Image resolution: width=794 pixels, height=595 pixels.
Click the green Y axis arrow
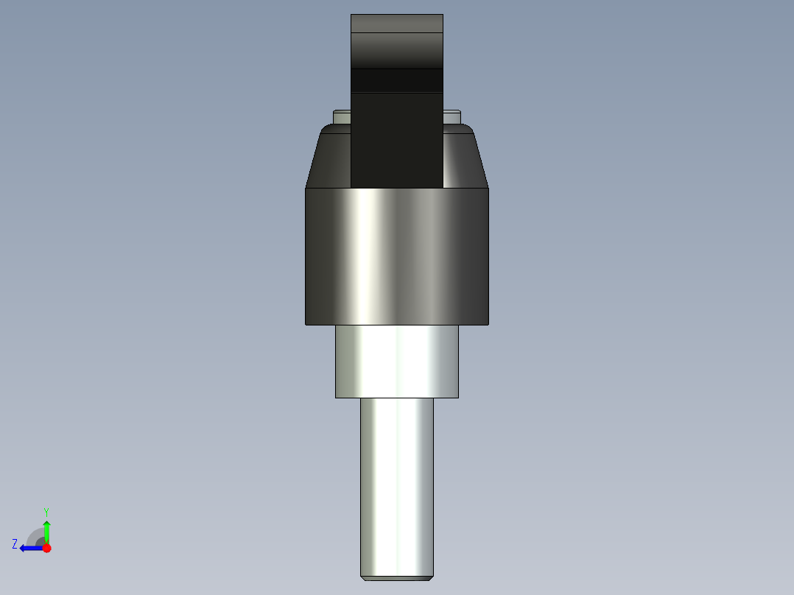(x=46, y=530)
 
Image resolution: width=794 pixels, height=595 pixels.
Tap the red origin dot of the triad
(x=46, y=548)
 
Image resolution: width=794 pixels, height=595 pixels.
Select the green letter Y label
(x=46, y=511)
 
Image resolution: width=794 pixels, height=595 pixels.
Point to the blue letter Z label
(x=15, y=544)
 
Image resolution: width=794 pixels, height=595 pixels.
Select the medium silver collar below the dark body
(x=396, y=361)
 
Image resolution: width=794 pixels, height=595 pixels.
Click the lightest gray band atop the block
(x=396, y=24)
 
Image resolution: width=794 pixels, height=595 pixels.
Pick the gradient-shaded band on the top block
(x=396, y=51)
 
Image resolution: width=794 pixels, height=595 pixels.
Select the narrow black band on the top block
(x=396, y=80)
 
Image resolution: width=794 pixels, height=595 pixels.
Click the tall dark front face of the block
(x=396, y=140)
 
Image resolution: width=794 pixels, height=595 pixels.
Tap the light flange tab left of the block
(x=342, y=116)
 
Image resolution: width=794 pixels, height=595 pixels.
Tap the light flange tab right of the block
(x=452, y=116)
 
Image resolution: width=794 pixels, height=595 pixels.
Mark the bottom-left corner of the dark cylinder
(x=306, y=323)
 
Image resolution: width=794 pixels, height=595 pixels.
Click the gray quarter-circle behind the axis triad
(x=36, y=538)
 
